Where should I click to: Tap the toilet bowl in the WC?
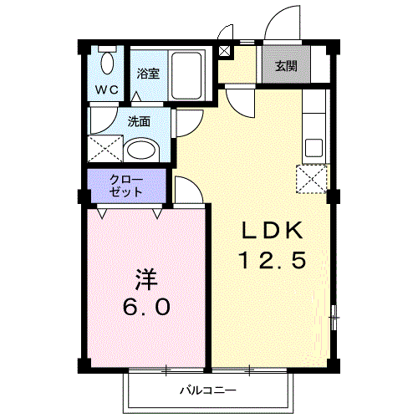click(x=105, y=60)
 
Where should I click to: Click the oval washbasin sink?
click(x=144, y=151)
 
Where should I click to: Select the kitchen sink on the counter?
click(x=313, y=147)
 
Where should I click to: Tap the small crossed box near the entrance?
click(x=223, y=49)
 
